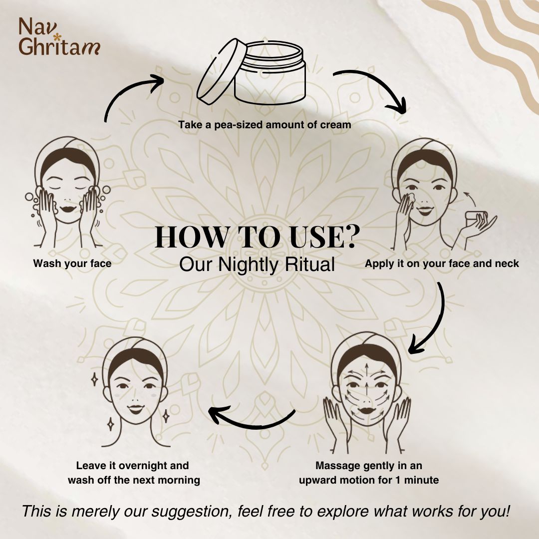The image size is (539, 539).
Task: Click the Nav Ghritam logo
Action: pos(59,36)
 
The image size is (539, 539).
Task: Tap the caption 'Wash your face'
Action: pos(72,264)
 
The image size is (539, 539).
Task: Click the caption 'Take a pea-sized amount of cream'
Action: pos(265,124)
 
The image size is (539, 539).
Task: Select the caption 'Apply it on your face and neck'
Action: pos(442,264)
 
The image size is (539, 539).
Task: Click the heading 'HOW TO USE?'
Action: pos(255,237)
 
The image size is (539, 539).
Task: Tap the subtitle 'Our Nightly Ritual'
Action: pos(257,265)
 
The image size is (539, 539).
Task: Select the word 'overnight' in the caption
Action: pos(143,466)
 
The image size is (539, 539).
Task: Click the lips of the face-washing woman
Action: pos(68,209)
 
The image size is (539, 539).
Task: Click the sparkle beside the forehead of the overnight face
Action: pos(94,379)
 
